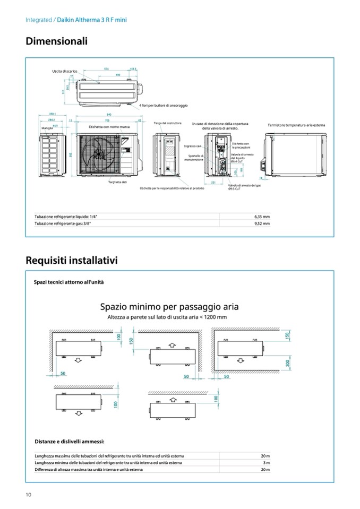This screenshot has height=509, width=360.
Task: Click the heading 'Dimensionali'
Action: (x=56, y=41)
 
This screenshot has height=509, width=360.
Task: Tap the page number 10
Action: (x=29, y=495)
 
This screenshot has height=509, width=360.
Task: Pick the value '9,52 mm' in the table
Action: (x=262, y=224)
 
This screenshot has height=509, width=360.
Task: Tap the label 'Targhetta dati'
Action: (x=117, y=182)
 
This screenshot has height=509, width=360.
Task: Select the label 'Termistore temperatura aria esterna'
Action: (x=297, y=125)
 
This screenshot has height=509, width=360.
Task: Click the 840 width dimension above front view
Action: (x=108, y=115)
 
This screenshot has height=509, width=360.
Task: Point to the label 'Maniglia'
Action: (x=47, y=128)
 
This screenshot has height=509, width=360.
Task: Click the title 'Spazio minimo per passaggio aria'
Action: (x=169, y=307)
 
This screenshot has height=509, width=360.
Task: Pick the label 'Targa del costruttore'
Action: (x=168, y=123)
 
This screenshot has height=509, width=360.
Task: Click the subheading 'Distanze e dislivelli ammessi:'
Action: (x=70, y=441)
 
